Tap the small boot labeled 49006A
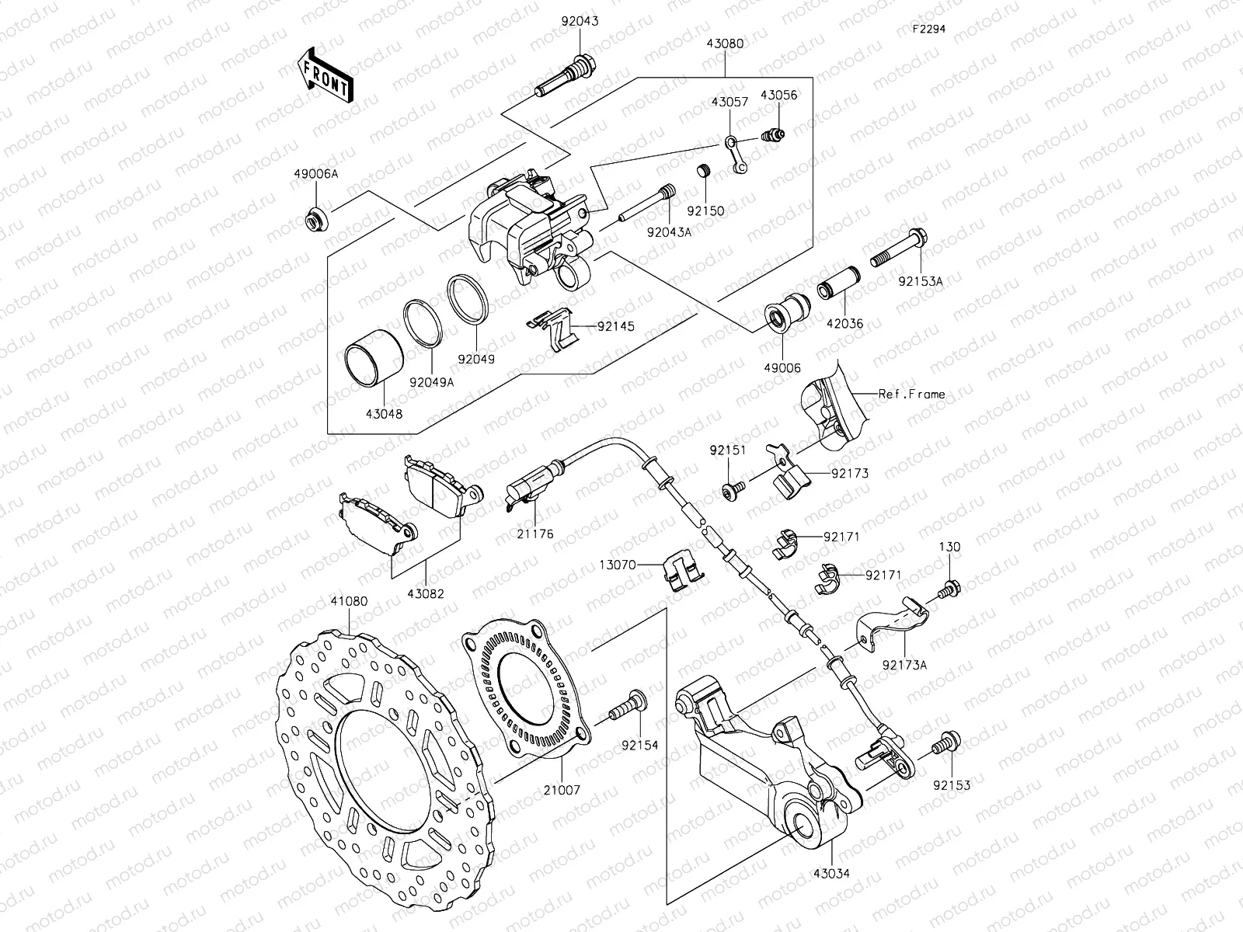tap(316, 221)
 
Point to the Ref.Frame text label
tap(911, 395)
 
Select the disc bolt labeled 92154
tap(625, 707)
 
